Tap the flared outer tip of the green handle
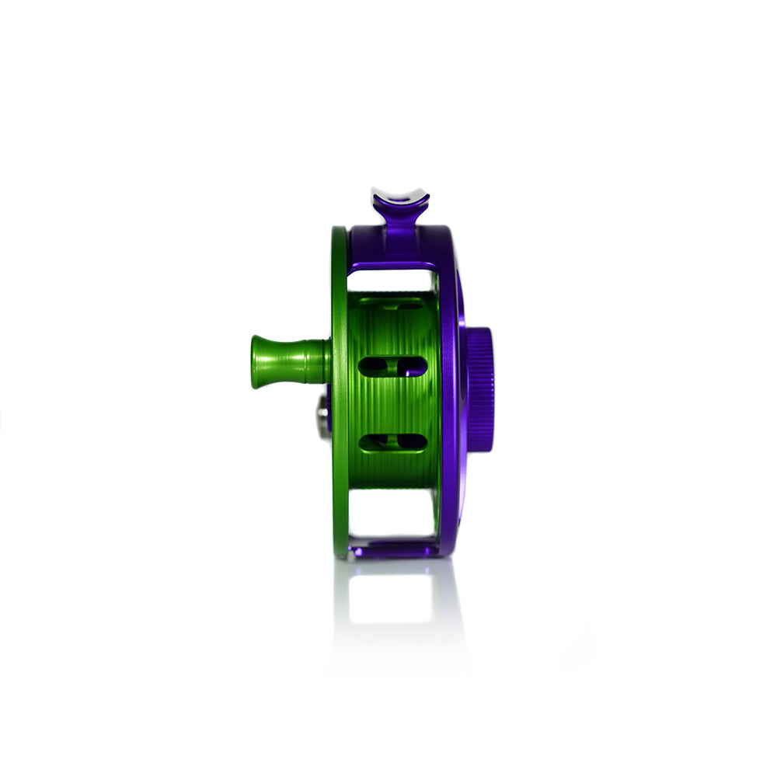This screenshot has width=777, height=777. tap(256, 361)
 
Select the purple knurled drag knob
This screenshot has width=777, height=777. tap(480, 390)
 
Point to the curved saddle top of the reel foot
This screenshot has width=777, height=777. tap(399, 195)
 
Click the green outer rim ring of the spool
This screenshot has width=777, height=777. tap(339, 466)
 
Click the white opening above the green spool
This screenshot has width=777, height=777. tap(392, 280)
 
